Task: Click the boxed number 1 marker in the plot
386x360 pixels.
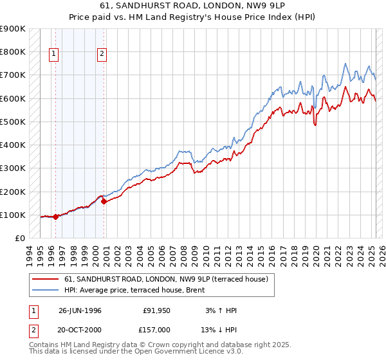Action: click(x=54, y=55)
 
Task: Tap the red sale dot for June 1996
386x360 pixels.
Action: click(x=55, y=217)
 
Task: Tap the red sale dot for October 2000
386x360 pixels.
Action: click(x=104, y=201)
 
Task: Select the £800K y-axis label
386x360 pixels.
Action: click(x=13, y=51)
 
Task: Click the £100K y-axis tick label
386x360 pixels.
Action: click(x=13, y=215)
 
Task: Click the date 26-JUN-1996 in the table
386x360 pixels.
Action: click(x=80, y=310)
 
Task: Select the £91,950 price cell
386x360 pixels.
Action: click(x=157, y=310)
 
